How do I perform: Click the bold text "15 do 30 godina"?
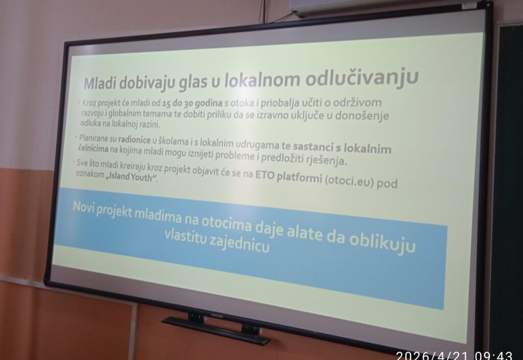(193, 103)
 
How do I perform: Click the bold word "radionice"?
(134, 139)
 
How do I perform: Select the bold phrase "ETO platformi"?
(289, 176)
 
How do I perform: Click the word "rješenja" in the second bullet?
(327, 160)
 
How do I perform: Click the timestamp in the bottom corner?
(454, 356)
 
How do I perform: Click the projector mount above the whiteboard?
(387, 7)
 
